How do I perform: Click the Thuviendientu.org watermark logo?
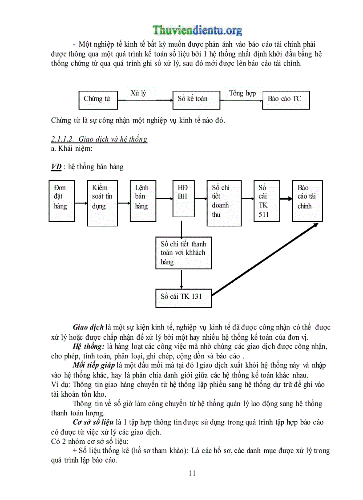point(198,30)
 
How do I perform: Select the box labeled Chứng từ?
point(98,99)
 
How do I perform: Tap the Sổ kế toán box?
point(196,99)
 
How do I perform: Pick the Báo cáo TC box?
point(286,99)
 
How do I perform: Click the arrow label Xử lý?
point(138,93)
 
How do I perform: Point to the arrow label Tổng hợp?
point(242,93)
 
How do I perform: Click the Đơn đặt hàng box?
point(62,200)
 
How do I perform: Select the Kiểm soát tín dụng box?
point(102,200)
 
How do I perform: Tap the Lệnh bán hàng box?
point(144,200)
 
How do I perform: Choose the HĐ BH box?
point(183,200)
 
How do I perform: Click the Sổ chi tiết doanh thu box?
point(224,203)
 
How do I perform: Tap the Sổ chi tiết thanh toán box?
point(183,253)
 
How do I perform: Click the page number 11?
point(192,473)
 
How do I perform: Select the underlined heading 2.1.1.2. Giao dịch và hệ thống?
point(99,139)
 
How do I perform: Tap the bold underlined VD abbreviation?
point(56,167)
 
